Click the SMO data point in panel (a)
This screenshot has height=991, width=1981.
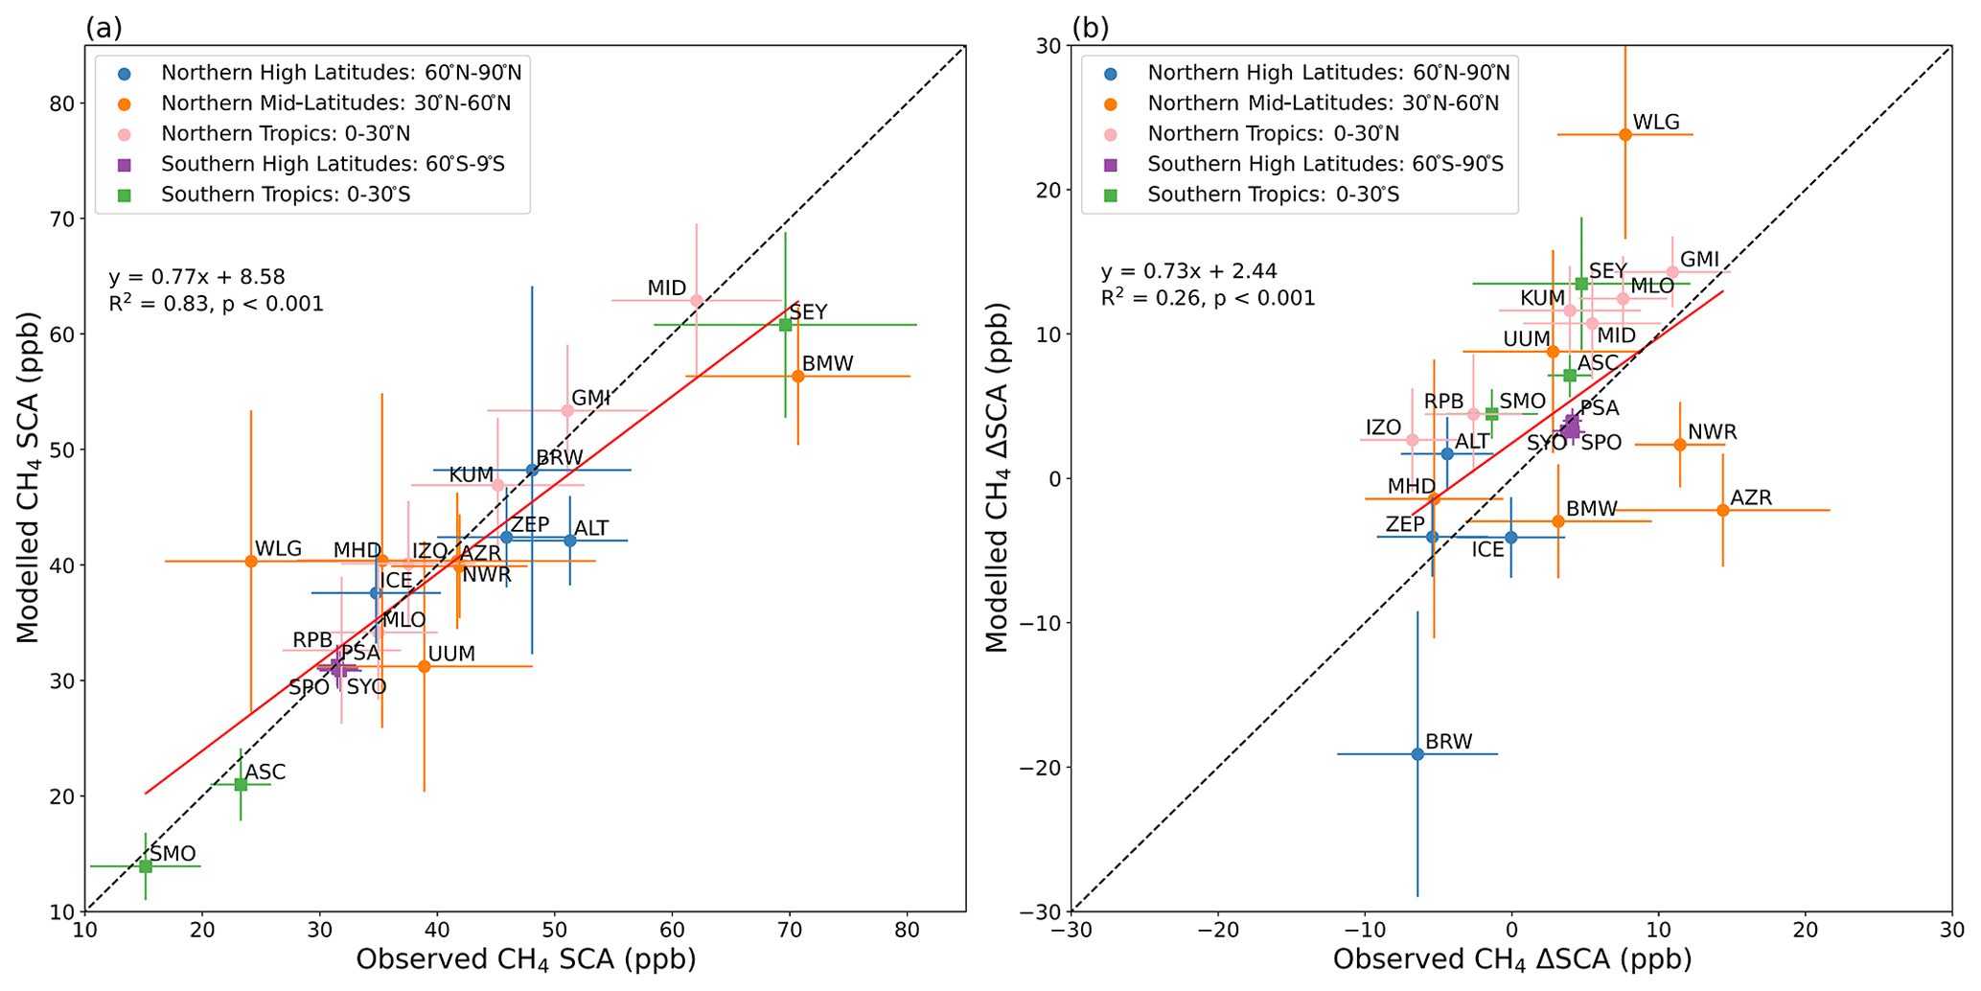[146, 866]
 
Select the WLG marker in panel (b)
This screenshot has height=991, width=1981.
[1624, 134]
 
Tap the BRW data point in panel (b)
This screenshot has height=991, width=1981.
[1417, 754]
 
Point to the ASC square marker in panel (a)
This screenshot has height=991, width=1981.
[241, 784]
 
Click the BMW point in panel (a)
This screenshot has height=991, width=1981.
[798, 377]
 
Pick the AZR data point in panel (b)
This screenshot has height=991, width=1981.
[1723, 510]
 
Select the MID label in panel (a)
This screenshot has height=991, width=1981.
[666, 288]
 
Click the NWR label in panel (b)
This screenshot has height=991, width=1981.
[1712, 432]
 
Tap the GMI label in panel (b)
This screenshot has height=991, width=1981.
[1699, 260]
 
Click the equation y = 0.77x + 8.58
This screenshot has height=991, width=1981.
[196, 277]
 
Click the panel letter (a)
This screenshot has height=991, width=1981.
[104, 28]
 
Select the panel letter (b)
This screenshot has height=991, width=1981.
[1090, 28]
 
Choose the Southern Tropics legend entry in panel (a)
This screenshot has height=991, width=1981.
[285, 195]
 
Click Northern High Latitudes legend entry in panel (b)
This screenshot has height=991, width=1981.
[1327, 73]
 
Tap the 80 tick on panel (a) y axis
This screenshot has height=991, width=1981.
[64, 104]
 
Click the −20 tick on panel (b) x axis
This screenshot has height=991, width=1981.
[1217, 930]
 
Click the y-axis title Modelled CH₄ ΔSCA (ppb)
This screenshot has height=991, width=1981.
[998, 477]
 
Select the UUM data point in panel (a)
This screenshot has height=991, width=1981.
[425, 666]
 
